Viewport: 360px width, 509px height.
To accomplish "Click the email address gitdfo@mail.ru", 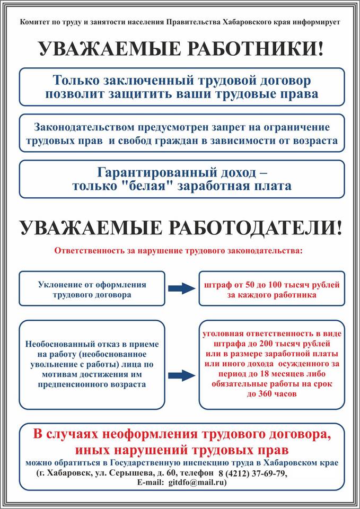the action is [x=197, y=482].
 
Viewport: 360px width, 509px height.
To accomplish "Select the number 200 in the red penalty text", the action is [x=261, y=344].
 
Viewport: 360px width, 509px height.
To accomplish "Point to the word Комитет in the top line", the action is [x=32, y=22].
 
